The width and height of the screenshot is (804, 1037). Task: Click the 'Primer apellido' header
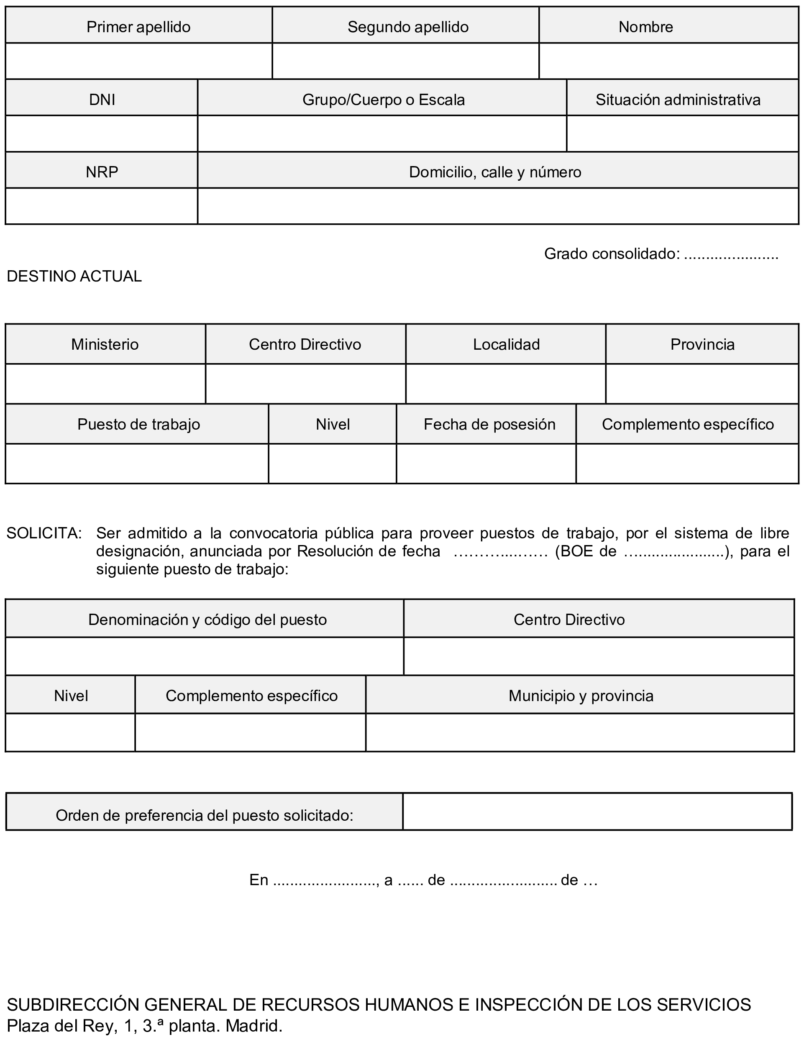tap(138, 27)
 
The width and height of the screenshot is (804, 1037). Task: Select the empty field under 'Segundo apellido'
tap(406, 61)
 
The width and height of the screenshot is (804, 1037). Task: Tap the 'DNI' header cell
tap(102, 99)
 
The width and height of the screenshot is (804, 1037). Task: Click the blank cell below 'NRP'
tap(102, 206)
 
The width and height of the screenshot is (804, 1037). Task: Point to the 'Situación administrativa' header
tap(678, 99)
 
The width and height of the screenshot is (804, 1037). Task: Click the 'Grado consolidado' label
tap(612, 253)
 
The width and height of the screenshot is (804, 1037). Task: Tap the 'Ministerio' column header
tap(105, 344)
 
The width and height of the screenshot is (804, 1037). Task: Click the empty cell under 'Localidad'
tap(506, 384)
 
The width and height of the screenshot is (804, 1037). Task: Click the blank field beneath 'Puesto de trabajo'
tap(137, 463)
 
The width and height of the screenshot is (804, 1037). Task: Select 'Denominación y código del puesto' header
tap(207, 619)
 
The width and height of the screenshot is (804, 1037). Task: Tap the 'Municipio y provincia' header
tap(581, 696)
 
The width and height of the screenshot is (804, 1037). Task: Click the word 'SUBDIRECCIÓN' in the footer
tap(73, 1004)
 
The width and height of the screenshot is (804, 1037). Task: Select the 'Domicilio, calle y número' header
tap(495, 172)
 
